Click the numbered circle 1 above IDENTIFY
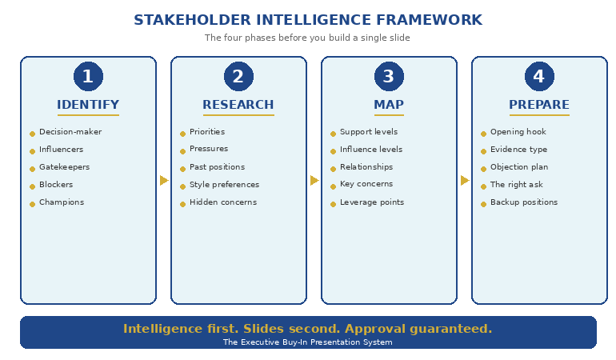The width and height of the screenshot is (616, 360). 88,77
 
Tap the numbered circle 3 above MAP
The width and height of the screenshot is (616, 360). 389,77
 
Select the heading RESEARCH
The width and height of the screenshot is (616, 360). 238,105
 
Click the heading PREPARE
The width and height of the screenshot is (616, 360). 539,105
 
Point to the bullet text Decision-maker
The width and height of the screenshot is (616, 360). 70,132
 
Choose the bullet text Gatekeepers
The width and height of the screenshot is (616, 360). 64,167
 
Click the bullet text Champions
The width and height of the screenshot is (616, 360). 62,202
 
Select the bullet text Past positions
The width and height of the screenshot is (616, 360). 217,167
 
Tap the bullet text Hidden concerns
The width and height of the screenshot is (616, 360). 223,202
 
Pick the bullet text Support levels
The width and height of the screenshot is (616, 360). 369,132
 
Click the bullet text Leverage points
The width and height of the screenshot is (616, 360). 372,202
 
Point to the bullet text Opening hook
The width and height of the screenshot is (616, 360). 518,132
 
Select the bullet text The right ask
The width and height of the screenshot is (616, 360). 516,185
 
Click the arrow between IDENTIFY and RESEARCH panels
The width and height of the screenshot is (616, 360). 164,181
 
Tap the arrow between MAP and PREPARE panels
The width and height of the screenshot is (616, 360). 465,181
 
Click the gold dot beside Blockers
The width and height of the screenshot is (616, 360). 33,186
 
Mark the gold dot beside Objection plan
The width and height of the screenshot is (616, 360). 483,169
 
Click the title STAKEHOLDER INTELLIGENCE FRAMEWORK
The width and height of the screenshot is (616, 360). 308,20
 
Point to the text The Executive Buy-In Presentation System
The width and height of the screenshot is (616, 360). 308,342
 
